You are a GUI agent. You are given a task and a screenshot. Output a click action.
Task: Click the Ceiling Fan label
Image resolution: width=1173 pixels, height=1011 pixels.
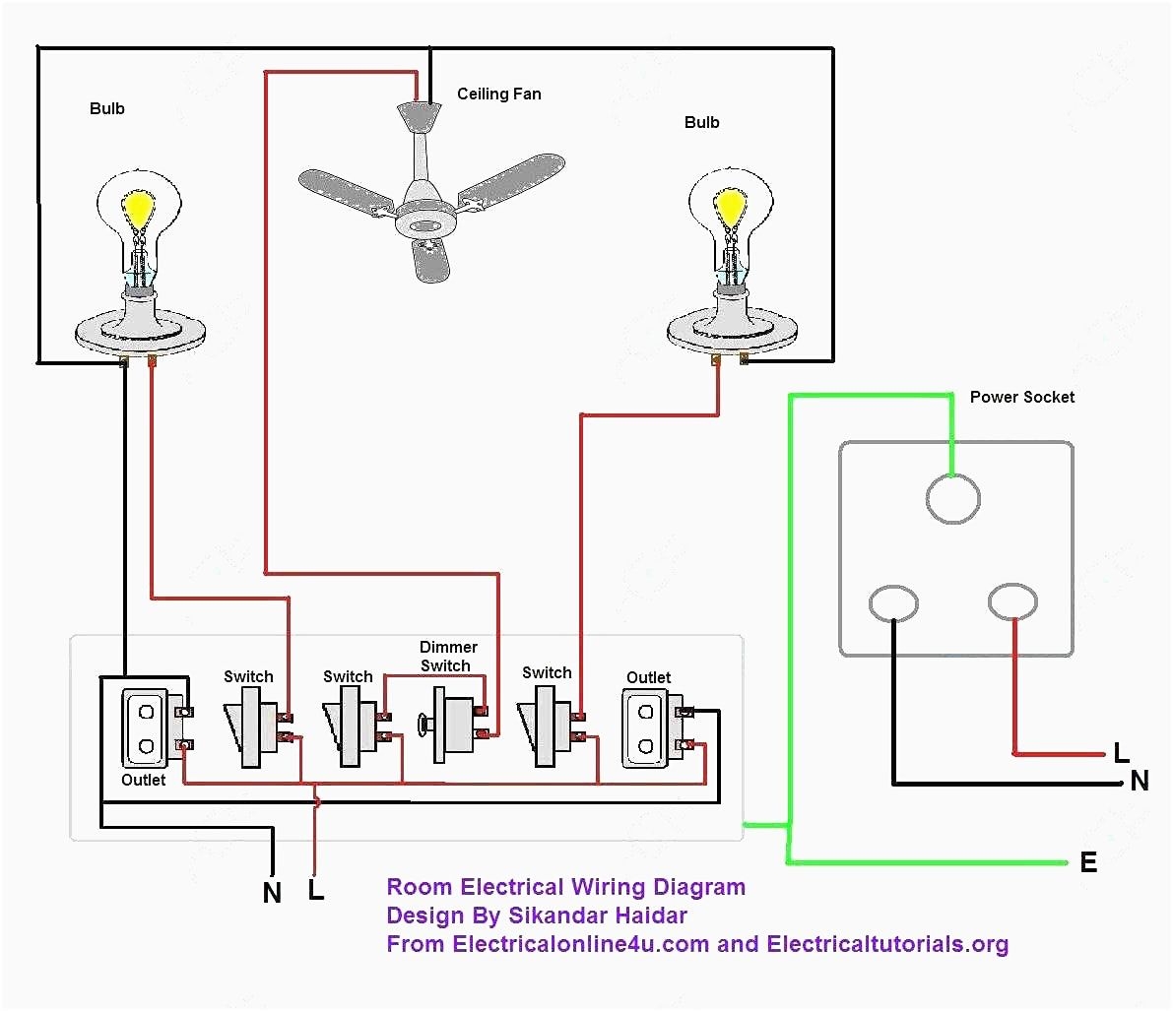(x=498, y=95)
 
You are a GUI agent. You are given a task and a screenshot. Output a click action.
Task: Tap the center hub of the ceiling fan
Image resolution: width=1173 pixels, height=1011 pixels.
(x=426, y=225)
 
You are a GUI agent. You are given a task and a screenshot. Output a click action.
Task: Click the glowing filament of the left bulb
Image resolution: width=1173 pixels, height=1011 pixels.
(x=139, y=208)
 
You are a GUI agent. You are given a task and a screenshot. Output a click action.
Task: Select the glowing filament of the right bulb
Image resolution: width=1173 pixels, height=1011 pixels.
(x=730, y=206)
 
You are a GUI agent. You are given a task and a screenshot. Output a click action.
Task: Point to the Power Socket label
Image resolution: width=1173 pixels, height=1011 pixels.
(x=1021, y=397)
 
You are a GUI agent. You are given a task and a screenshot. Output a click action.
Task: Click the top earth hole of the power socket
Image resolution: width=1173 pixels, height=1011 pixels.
(x=952, y=499)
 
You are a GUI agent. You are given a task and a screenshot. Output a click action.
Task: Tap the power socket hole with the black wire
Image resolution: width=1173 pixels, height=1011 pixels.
(x=893, y=603)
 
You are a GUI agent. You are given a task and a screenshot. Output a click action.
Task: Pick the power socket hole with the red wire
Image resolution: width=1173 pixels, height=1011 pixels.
(x=1012, y=601)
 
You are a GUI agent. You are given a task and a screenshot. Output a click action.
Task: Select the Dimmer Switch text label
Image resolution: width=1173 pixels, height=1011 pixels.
(x=448, y=657)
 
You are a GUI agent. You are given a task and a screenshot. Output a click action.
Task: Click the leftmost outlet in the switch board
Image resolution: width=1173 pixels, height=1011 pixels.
(x=146, y=728)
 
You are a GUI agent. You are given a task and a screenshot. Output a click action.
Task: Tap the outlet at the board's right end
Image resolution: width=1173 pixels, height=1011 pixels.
(x=646, y=728)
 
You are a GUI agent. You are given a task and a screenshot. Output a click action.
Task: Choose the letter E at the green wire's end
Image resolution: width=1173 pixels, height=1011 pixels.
(x=1088, y=862)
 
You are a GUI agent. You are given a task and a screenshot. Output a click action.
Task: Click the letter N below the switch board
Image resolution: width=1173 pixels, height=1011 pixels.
(x=273, y=893)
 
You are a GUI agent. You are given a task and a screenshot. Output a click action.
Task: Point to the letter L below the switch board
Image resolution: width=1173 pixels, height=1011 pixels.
(x=315, y=890)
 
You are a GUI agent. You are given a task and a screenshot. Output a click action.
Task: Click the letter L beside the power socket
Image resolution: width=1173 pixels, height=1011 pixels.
(x=1121, y=754)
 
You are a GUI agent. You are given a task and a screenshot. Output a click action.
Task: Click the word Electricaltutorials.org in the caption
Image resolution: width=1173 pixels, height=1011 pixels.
(x=887, y=944)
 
